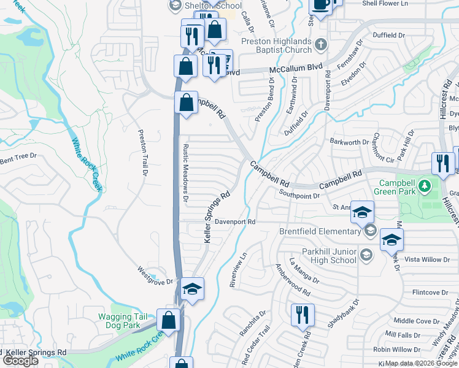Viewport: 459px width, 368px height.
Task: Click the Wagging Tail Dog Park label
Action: pyautogui.click(x=123, y=321)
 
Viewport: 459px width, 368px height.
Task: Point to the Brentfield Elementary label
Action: pyautogui.click(x=319, y=231)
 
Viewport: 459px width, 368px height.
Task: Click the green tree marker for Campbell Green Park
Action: pyautogui.click(x=423, y=185)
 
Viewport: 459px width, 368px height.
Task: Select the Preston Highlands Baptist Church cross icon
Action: pyautogui.click(x=320, y=44)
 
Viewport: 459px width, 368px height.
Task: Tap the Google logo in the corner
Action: pyautogui.click(x=20, y=361)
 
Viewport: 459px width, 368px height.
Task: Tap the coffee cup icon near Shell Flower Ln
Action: pyautogui.click(x=322, y=5)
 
